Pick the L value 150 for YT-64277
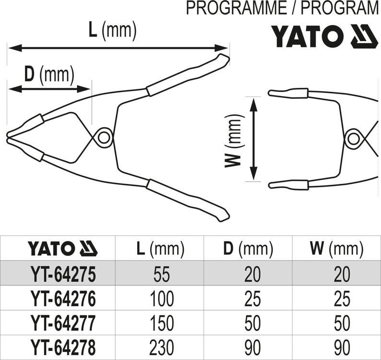pyautogui.click(x=161, y=323)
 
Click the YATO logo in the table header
pyautogui.click(x=62, y=249)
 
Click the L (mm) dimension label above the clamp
pyautogui.click(x=113, y=31)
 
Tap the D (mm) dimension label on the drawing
pyautogui.click(x=49, y=74)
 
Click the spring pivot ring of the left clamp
pyautogui.click(x=102, y=137)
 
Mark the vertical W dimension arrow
pyautogui.click(x=255, y=139)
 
